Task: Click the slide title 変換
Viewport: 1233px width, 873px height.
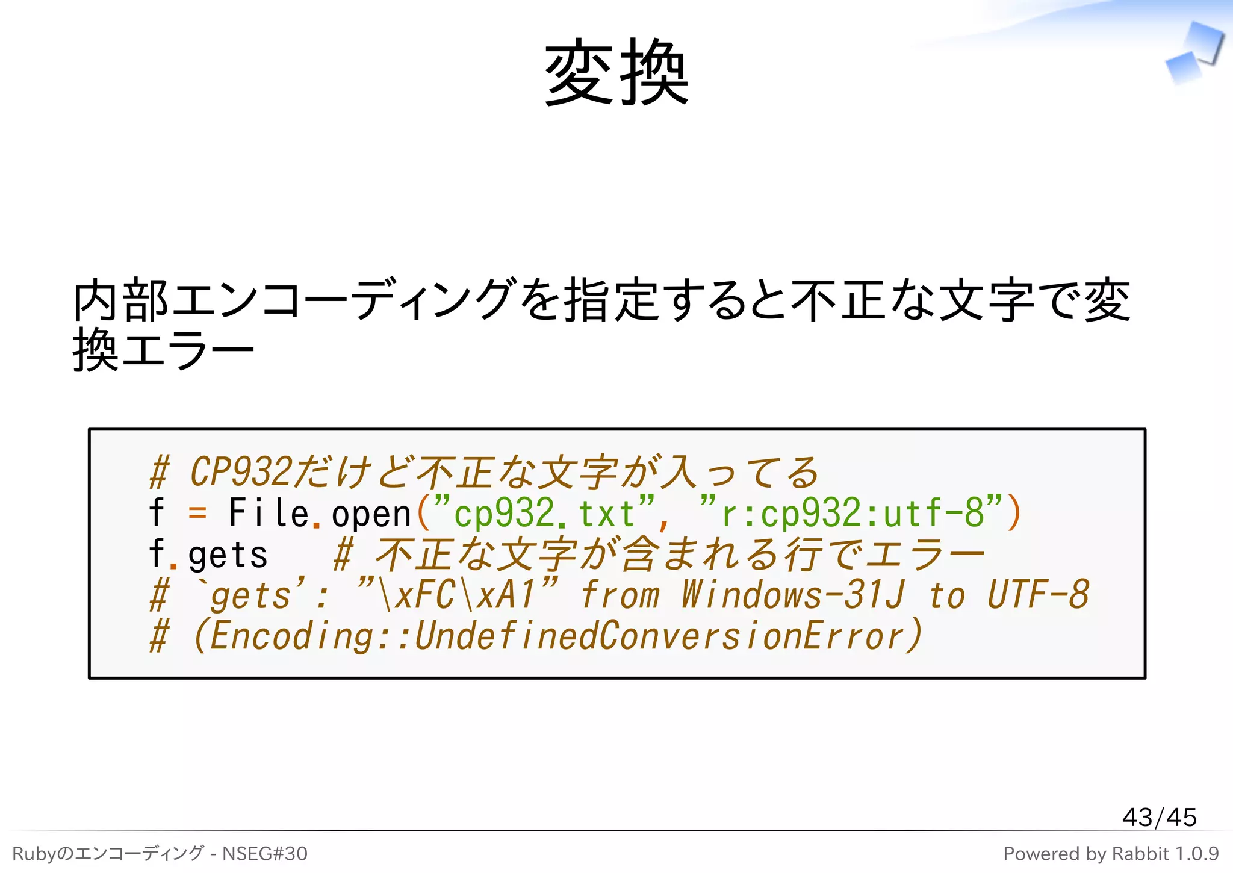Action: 616,72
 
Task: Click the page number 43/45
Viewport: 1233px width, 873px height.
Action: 1159,817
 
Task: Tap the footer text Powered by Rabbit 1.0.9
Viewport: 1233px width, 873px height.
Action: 1111,853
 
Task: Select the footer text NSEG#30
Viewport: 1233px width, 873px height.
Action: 264,853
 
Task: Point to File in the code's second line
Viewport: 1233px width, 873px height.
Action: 269,514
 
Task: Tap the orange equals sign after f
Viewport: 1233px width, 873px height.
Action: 197,514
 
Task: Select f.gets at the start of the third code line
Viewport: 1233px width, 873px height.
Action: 208,555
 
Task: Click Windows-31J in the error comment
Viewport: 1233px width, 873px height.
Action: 792,595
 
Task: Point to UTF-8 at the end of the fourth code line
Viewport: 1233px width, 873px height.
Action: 1038,595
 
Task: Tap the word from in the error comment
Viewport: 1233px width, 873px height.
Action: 620,595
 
